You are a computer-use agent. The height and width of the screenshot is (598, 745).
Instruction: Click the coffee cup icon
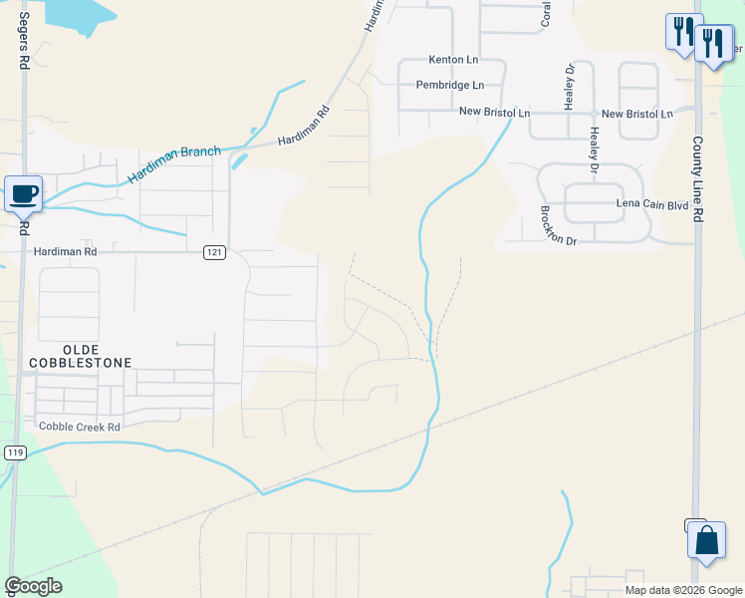23,192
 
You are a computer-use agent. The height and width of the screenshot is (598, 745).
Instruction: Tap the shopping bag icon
706,542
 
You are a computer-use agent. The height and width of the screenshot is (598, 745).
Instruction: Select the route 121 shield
214,253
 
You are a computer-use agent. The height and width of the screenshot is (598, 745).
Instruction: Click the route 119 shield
15,452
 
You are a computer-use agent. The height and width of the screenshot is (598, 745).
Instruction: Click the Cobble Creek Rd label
79,427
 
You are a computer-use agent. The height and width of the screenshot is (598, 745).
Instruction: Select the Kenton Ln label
453,60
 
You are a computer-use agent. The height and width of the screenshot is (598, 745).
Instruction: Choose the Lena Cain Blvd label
652,203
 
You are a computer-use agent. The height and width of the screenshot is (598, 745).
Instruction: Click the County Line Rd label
698,178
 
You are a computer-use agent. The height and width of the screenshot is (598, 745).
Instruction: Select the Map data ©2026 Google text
682,590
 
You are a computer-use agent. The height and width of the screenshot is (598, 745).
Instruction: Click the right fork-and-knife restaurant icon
713,44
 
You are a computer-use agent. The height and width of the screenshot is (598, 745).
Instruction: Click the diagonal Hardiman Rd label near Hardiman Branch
303,128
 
